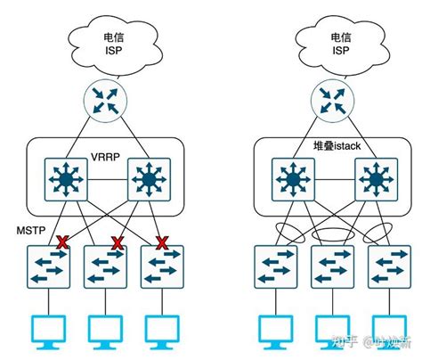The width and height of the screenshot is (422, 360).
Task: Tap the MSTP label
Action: point(29,231)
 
